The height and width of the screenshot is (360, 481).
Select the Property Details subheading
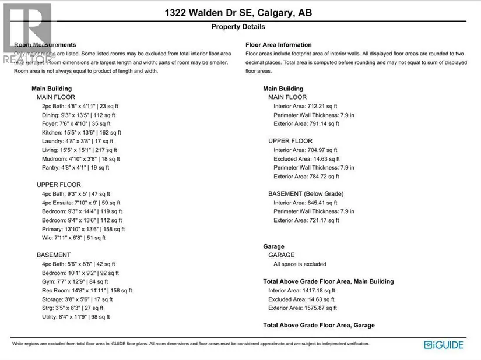click(238, 27)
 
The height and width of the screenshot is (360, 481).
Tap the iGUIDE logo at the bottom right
click(444, 344)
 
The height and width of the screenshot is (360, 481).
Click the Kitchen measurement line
click(79, 132)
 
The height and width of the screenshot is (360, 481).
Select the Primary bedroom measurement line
click(83, 229)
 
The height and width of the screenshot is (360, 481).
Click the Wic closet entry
click(73, 238)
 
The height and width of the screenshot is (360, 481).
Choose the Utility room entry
click(76, 317)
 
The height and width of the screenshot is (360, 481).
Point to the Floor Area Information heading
click(279, 45)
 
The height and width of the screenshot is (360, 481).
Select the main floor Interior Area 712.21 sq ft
click(306, 106)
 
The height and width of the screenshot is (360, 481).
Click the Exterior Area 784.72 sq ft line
click(306, 176)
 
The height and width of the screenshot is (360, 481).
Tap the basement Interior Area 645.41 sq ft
click(306, 203)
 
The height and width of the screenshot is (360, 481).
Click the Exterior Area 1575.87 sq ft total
click(303, 308)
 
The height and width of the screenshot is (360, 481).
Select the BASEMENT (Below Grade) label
click(306, 193)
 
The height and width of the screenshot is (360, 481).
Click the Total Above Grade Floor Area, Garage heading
click(319, 325)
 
